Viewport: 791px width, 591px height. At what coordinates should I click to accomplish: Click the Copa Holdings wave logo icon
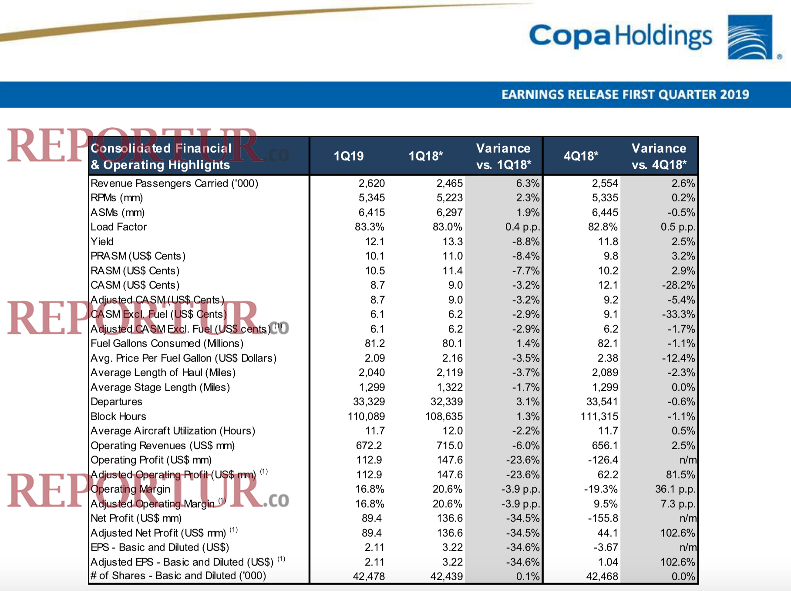pos(750,37)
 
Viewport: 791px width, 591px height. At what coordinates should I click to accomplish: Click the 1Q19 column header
pos(348,156)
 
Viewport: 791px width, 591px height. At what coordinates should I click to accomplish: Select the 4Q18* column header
pos(581,156)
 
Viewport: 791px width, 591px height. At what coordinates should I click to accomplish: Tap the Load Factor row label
pos(118,227)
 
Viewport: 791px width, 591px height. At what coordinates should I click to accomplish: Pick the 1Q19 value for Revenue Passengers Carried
pos(371,184)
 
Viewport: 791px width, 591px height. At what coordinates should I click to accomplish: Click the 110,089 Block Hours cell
pos(366,417)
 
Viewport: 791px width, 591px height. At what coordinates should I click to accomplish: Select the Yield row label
pos(102,242)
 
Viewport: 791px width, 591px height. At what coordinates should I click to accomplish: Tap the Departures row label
pos(116,402)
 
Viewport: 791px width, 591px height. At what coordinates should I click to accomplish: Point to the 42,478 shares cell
pos(369,577)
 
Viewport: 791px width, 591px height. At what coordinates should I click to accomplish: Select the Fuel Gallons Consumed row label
pos(167,344)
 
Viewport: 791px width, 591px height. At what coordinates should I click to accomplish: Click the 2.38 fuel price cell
pos(608,358)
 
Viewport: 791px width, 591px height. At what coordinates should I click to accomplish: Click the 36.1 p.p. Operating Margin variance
pos(675,489)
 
